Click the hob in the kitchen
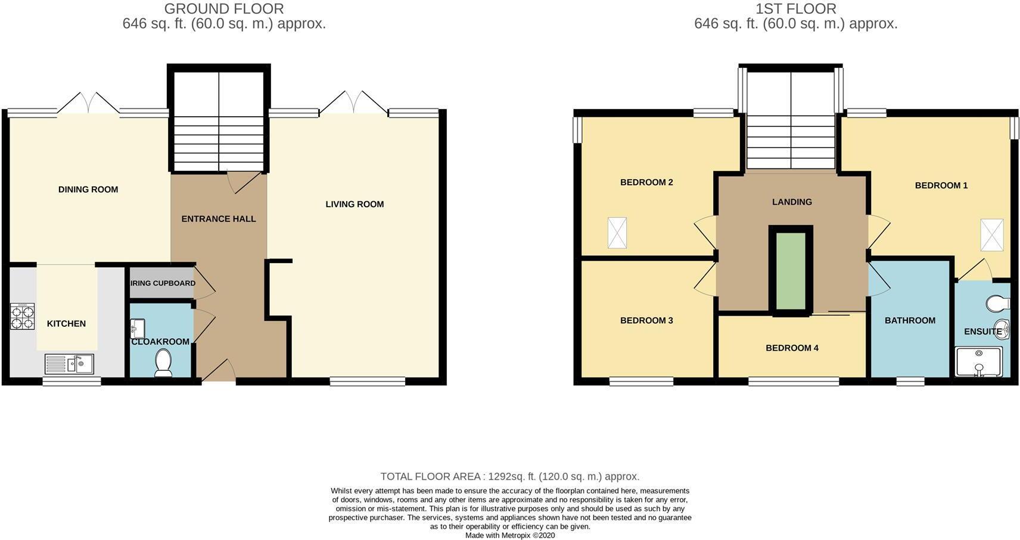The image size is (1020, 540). pos(22,316)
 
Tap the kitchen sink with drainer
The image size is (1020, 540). pos(69,364)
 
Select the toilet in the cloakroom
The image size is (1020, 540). pos(163,363)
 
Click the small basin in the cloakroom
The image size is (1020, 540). pos(138,327)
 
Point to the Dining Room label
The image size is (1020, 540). pos(88,189)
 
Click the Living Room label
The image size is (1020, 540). pos(354,204)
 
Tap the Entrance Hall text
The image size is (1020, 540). pos(219,219)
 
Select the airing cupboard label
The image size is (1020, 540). pos(163,283)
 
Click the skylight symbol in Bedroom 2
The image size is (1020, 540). pos(617,233)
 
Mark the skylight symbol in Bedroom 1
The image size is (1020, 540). pos(992,235)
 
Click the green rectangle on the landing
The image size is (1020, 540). pos(791,271)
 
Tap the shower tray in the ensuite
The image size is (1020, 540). pos(979,362)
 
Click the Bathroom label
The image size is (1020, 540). pos(910,320)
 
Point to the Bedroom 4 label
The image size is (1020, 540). pos(792,348)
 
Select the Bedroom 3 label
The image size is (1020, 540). pos(646,320)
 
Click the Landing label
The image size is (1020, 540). pos(792,202)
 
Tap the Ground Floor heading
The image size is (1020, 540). pos(224,9)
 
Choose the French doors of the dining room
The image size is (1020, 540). pos(88,102)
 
